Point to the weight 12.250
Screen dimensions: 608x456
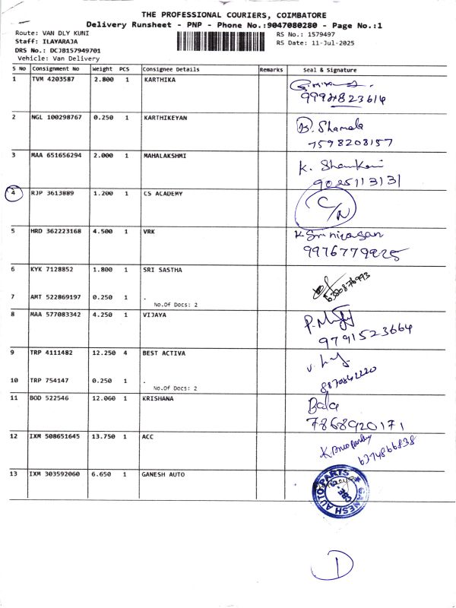tap(103, 353)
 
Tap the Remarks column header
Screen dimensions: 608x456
tap(271, 69)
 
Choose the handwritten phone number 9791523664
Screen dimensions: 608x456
tap(367, 331)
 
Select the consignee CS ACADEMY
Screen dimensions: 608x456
tap(163, 194)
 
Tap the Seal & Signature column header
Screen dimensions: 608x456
tap(329, 69)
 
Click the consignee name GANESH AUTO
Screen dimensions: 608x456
tap(163, 474)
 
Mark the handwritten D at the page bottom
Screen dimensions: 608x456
tap(341, 565)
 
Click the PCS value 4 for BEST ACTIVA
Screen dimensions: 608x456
tap(127, 353)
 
